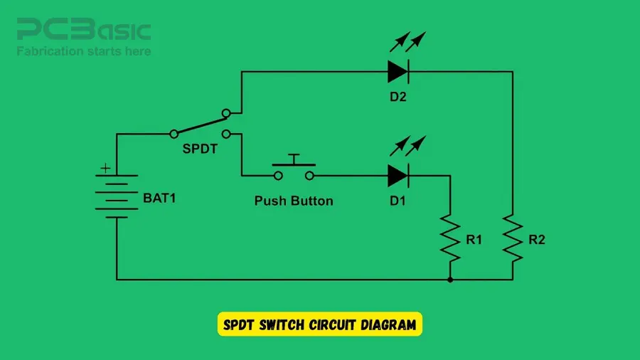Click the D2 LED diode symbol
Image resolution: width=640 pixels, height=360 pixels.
[398, 71]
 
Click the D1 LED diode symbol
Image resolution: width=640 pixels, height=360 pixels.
[398, 174]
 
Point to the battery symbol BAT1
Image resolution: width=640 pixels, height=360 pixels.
[116, 196]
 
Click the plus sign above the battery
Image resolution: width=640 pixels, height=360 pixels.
[106, 169]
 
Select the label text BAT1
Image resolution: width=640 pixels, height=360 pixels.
[159, 198]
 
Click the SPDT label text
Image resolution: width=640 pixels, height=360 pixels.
[200, 150]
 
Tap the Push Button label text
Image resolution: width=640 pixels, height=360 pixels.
[294, 201]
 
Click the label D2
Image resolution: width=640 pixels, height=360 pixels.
[398, 97]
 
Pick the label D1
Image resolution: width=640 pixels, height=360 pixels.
[398, 201]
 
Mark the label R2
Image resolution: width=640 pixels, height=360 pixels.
[537, 240]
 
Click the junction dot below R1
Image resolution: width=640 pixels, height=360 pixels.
[450, 280]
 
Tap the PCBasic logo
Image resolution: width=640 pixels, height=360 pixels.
[84, 31]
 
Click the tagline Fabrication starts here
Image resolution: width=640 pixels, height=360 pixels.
[84, 51]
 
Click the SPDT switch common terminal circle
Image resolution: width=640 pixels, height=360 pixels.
[173, 133]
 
